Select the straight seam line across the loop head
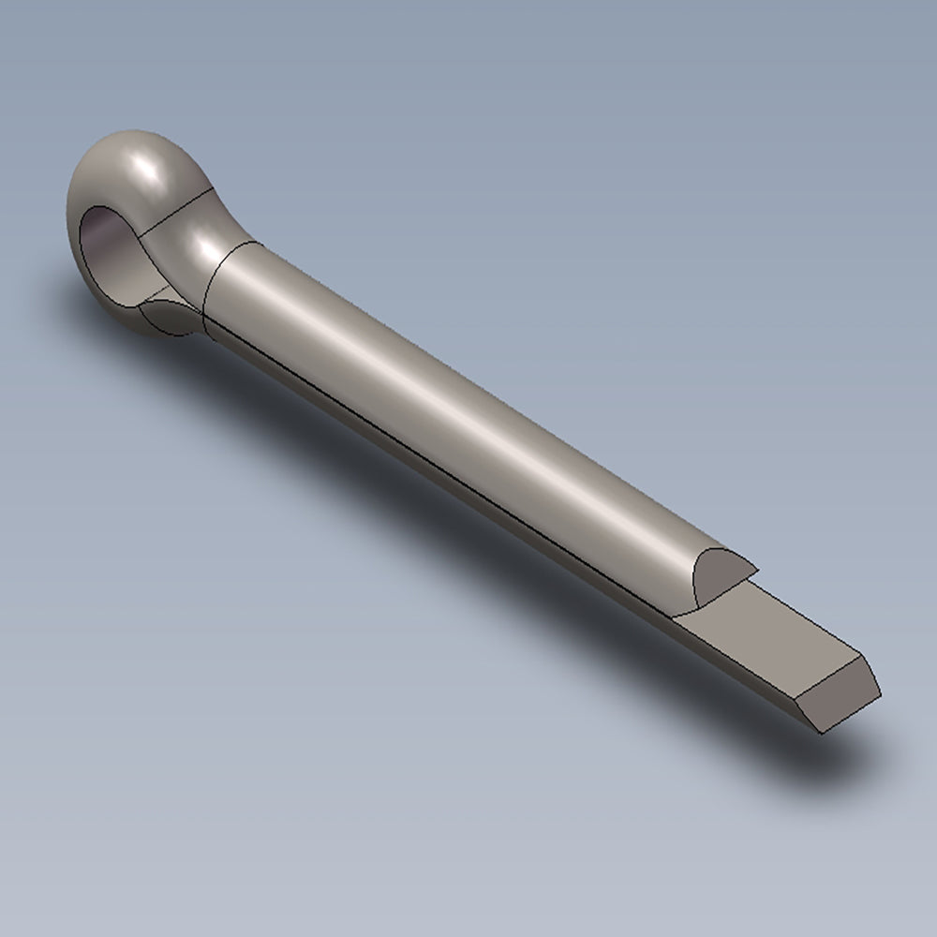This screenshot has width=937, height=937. [173, 211]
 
